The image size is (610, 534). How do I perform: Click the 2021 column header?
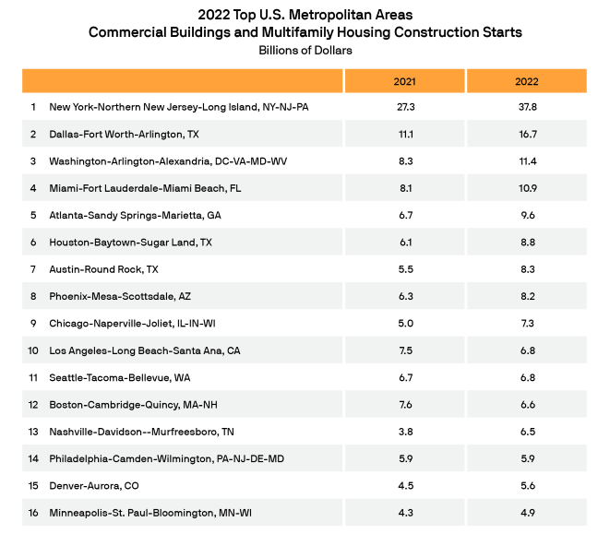(x=404, y=82)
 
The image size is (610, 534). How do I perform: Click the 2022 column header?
(x=527, y=82)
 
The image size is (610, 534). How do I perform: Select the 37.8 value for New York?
(x=527, y=107)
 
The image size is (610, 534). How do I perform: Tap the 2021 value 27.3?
(x=404, y=107)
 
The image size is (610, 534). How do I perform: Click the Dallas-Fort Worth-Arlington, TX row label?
(x=126, y=134)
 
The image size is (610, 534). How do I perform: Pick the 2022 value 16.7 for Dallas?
(x=527, y=134)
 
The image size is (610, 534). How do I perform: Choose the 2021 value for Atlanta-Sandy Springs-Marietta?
(x=404, y=215)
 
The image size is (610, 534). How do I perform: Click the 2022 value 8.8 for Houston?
(x=527, y=242)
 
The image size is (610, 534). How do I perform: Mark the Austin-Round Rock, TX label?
(x=104, y=269)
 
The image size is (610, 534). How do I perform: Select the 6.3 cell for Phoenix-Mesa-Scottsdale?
(x=404, y=296)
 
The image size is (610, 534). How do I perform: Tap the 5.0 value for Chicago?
(x=404, y=323)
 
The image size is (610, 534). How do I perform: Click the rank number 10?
(x=33, y=350)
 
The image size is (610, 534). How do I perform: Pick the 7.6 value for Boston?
(x=404, y=404)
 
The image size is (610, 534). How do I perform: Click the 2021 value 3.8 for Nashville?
(x=404, y=431)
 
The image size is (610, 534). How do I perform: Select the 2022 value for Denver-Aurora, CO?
(x=527, y=485)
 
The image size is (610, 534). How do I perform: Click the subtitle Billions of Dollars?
(x=305, y=50)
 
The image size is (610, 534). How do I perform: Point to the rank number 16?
(x=33, y=512)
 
